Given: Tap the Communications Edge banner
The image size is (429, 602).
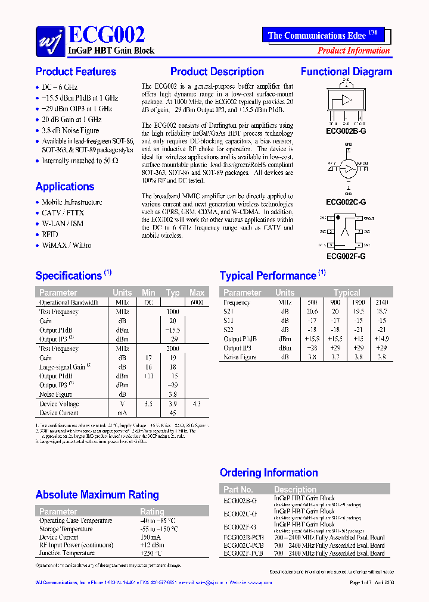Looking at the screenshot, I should tap(322, 35).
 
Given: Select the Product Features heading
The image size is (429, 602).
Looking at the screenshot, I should tap(76, 72).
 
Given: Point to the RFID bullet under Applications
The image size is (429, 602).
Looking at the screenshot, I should tap(50, 234).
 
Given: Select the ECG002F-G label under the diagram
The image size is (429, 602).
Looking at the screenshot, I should tap(346, 256).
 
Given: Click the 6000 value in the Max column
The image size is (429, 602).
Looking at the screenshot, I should tap(197, 302).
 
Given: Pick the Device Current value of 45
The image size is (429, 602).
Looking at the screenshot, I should tap(173, 413).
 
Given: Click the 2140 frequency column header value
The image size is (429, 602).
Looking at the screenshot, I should tap(381, 302).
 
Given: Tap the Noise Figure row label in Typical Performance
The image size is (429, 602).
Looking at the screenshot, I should tap(240, 357).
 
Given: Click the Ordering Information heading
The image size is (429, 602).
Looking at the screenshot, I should tap(269, 473).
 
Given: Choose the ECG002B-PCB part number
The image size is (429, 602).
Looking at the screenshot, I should tap(243, 537).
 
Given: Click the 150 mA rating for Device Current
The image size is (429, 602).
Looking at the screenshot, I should tap(151, 537).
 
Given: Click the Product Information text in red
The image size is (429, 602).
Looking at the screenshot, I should tap(353, 51).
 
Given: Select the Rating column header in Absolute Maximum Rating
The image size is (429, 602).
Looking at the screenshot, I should tap(152, 512).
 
